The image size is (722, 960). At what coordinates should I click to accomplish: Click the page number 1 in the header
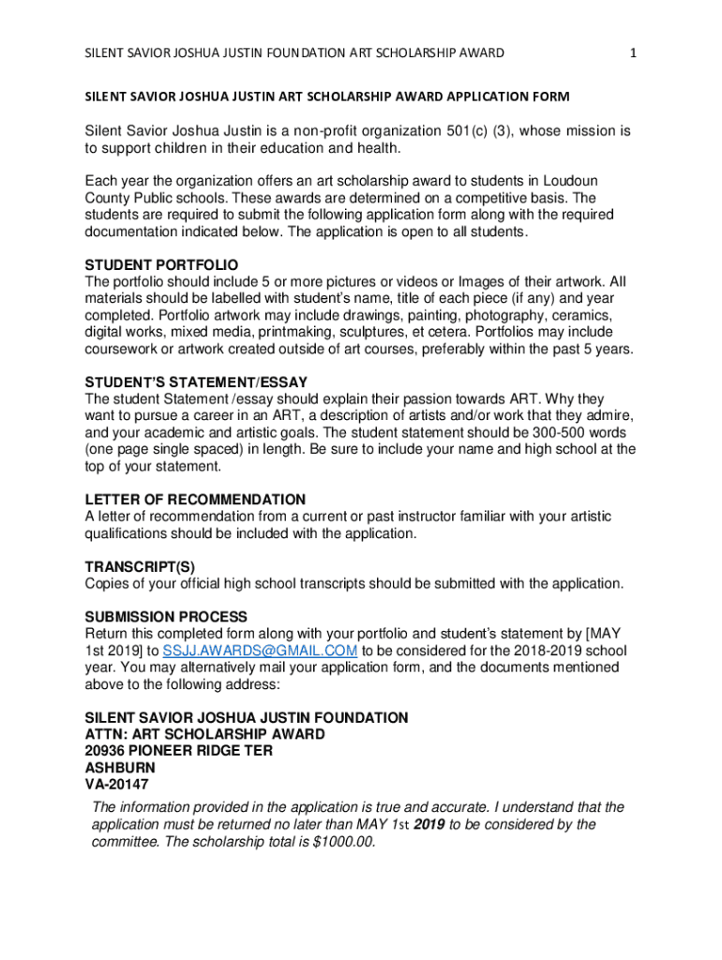[633, 53]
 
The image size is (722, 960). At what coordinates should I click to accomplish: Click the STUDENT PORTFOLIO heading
[161, 265]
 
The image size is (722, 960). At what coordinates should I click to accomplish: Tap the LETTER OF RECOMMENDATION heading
[195, 500]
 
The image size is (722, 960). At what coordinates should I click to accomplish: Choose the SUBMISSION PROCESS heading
[166, 617]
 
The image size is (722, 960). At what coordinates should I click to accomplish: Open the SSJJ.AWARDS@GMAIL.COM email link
[260, 652]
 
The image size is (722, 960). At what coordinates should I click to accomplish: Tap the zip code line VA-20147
[116, 785]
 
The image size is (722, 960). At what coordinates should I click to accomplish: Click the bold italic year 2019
[429, 824]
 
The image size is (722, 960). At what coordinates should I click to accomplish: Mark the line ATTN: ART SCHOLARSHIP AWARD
[204, 734]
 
